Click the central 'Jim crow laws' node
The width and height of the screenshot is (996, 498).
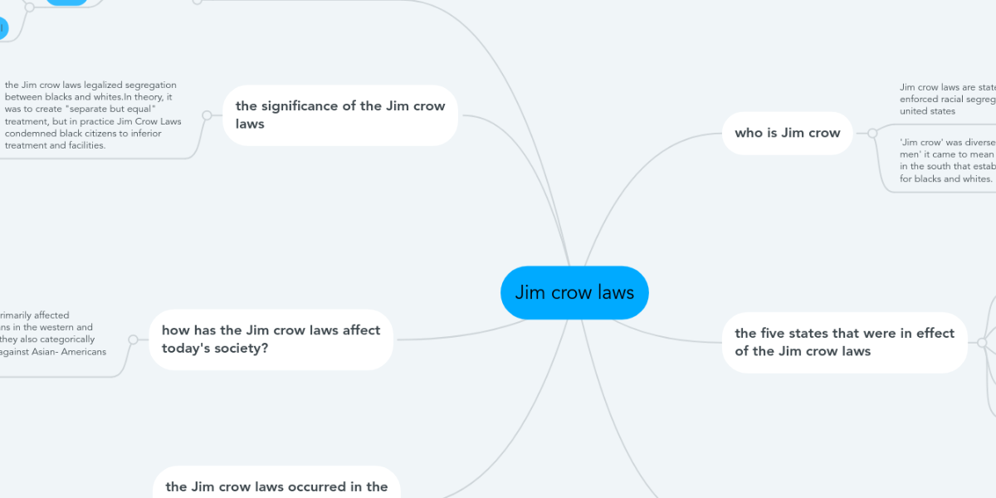(x=574, y=293)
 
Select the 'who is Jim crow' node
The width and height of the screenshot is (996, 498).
(x=787, y=133)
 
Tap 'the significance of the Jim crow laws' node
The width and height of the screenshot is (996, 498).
(x=340, y=115)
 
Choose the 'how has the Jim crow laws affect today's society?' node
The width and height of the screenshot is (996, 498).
(x=271, y=339)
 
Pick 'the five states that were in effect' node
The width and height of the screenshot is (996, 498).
(x=844, y=342)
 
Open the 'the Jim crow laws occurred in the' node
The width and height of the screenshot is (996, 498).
(x=276, y=486)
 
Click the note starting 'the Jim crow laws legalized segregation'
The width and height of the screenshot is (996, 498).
(x=93, y=115)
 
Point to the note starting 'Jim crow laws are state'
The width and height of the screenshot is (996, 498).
(x=946, y=99)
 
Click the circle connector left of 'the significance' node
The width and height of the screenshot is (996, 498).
(x=207, y=115)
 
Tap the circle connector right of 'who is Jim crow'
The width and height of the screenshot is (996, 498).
(x=872, y=133)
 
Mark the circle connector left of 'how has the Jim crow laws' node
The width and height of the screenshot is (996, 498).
(x=133, y=339)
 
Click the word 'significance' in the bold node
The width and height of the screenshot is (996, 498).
(x=306, y=106)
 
